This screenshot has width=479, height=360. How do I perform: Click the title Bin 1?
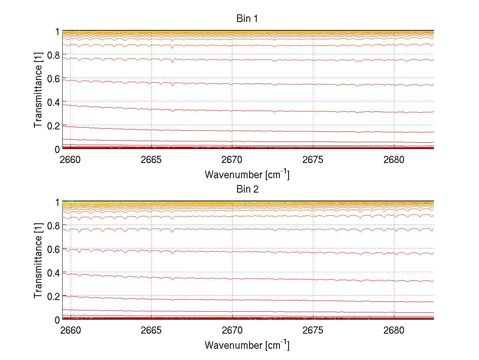pos(247,18)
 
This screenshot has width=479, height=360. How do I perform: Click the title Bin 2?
pos(247,189)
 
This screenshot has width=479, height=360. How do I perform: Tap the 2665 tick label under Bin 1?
pos(151,160)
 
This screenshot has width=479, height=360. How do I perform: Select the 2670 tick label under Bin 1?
pos(232,160)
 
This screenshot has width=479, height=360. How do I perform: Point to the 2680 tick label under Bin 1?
pos(394,160)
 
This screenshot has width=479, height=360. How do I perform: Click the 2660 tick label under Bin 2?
pos(71,330)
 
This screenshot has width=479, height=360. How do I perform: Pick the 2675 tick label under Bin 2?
pos(313,330)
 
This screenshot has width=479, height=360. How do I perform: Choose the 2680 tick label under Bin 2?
pos(394,330)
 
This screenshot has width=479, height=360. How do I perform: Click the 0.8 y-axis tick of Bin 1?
pos(53,55)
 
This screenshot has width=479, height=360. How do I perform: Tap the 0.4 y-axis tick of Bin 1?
pos(53,102)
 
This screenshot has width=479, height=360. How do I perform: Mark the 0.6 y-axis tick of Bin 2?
pos(53,249)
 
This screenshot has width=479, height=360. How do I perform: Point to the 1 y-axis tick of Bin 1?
pos(57,32)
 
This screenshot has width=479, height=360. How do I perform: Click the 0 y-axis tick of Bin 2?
pos(57,320)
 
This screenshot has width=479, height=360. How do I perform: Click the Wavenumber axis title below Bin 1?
pos(247,174)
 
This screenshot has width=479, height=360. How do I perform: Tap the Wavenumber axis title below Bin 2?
pos(247,345)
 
